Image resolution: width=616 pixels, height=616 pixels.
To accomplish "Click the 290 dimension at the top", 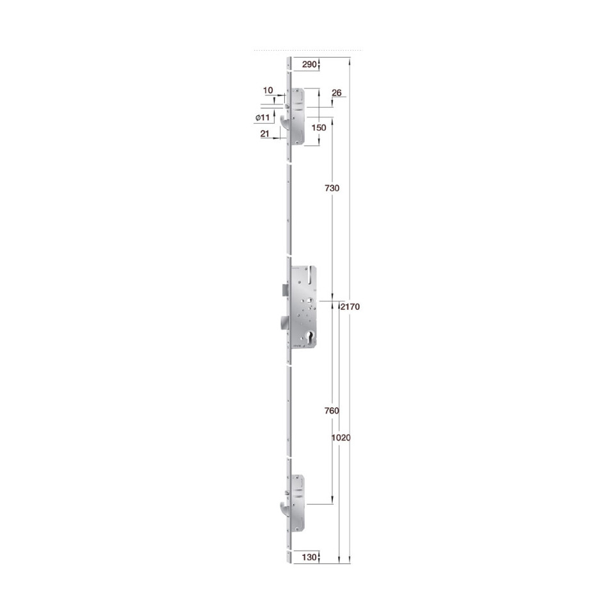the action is point(309,64).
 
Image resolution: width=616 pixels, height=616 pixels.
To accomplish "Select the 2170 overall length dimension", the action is point(350,307).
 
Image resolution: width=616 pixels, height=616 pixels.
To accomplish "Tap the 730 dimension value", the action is point(332,188).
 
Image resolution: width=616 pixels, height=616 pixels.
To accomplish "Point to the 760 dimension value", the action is point(332,411).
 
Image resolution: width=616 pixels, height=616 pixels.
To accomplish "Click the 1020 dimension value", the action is point(341,437).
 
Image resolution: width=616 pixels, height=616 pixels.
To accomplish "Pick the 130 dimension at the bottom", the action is point(309,557).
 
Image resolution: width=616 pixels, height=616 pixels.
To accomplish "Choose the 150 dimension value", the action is point(319,127).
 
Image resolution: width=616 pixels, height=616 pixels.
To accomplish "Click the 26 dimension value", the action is point(337,93).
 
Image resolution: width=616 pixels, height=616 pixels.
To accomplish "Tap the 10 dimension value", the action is point(268,90).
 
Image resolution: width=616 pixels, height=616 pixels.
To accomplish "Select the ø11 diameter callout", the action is point(263,117).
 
